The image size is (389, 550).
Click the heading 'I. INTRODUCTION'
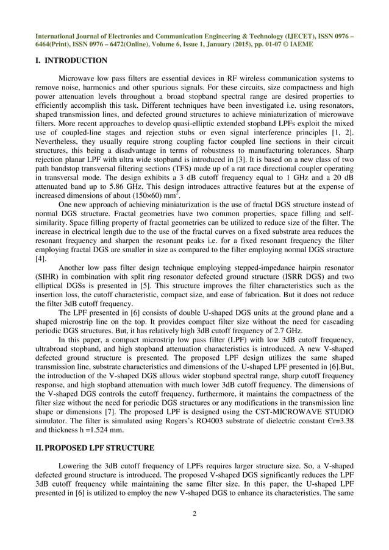click(x=72, y=60)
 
